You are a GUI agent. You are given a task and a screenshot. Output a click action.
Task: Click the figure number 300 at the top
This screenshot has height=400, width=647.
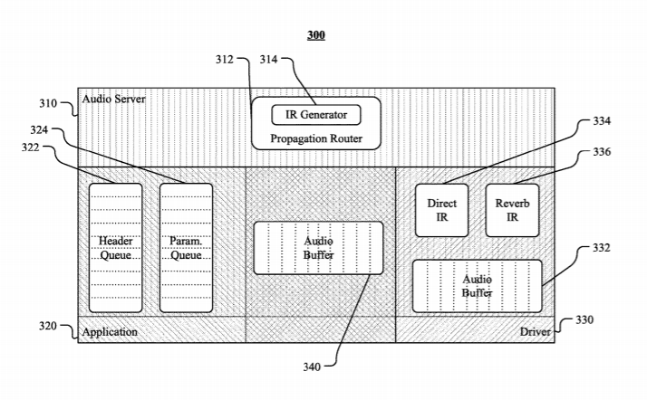[x=316, y=35]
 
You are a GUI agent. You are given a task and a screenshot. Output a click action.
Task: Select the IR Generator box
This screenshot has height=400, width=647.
[x=316, y=115]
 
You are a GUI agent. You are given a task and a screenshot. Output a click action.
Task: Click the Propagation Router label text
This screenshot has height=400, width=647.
[x=316, y=138]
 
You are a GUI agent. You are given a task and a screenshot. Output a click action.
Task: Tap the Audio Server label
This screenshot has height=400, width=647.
[x=113, y=99]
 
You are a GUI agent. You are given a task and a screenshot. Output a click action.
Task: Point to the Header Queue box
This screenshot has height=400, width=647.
[x=115, y=248]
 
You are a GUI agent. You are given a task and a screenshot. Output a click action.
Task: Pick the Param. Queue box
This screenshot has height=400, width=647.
[x=186, y=248]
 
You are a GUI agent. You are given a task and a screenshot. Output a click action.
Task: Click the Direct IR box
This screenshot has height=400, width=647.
[x=442, y=210]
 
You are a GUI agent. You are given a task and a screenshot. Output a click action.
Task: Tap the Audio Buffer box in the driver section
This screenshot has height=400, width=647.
[x=477, y=286]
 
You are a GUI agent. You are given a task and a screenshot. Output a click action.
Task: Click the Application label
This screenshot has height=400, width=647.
[x=110, y=332]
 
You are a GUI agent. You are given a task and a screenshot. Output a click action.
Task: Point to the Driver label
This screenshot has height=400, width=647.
[x=535, y=332]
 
